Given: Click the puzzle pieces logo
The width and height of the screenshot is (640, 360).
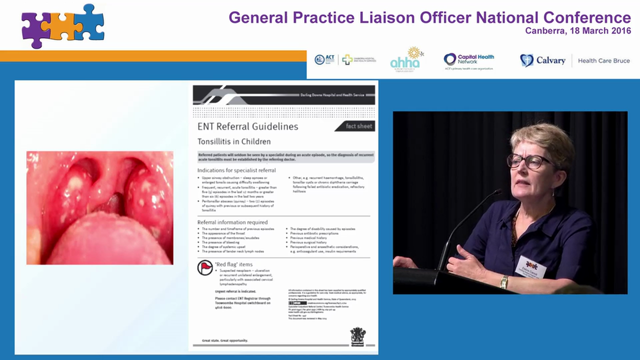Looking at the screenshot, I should click(x=62, y=25).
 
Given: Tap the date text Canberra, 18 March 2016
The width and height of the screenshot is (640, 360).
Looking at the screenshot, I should click(x=578, y=31).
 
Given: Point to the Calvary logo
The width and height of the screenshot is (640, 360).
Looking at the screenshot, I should click(x=542, y=60).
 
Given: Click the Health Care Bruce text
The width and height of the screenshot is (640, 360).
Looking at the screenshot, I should click(x=603, y=60).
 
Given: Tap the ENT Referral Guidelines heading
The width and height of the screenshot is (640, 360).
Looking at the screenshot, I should click(x=247, y=126).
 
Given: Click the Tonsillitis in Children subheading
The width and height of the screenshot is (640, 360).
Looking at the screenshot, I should click(x=234, y=141).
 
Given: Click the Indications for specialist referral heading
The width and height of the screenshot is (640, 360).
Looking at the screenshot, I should click(x=236, y=170).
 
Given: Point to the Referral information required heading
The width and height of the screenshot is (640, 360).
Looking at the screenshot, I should click(x=232, y=222).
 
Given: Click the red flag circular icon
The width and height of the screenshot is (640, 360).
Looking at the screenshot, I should click(x=205, y=268).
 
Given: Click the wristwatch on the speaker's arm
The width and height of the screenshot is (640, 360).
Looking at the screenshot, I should click(x=504, y=282).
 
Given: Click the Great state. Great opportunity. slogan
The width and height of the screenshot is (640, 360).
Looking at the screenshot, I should click(x=224, y=340).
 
